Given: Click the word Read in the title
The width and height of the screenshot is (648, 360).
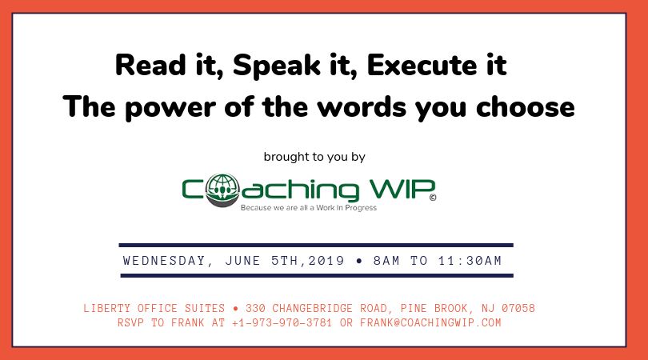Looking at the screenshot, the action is pyautogui.click(x=150, y=66).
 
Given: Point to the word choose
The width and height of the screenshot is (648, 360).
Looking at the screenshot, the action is pyautogui.click(x=526, y=106).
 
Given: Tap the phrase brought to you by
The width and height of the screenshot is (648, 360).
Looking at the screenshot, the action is pyautogui.click(x=314, y=157).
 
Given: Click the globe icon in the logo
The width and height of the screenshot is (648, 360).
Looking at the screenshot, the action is pyautogui.click(x=222, y=190).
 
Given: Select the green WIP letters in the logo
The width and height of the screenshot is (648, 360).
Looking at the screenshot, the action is pyautogui.click(x=402, y=190).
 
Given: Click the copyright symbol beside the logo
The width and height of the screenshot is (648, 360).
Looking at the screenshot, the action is pyautogui.click(x=433, y=198).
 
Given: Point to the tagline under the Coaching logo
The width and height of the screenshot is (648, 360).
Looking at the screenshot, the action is pyautogui.click(x=309, y=207).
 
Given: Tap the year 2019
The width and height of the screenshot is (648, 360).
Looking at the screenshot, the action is pyautogui.click(x=326, y=260).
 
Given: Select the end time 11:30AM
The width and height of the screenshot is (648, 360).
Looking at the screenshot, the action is pyautogui.click(x=470, y=260).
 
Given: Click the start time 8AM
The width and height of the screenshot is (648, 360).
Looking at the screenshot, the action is pyautogui.click(x=386, y=260).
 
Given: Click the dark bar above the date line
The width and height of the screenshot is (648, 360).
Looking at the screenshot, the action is pyautogui.click(x=316, y=245).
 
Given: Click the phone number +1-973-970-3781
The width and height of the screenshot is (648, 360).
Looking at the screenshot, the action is pyautogui.click(x=282, y=322).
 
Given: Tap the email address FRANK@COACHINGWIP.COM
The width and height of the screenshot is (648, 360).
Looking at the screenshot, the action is pyautogui.click(x=430, y=322).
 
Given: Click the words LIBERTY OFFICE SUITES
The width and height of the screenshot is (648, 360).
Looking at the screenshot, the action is pyautogui.click(x=154, y=308).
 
